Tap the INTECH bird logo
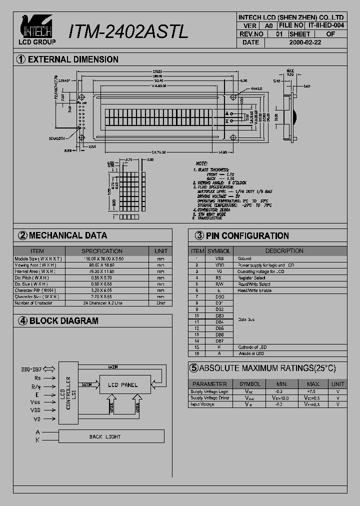tap(37, 26)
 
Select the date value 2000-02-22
tap(305, 42)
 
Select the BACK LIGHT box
tap(105, 436)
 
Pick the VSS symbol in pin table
tap(219, 258)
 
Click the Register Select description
tap(251, 277)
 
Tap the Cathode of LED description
tap(252, 347)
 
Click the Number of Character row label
tap(33, 303)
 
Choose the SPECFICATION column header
tap(101, 251)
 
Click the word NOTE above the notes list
tap(201, 163)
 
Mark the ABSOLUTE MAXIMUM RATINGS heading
tap(262, 368)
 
